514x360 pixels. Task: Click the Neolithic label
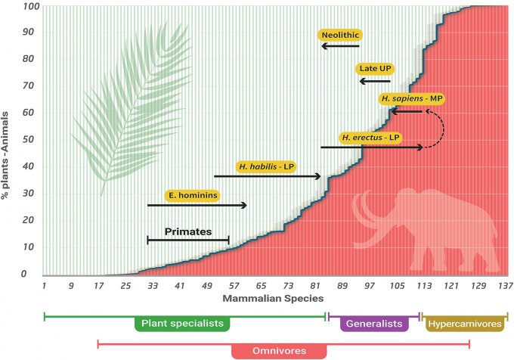tap(339, 35)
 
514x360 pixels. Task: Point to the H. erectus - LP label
tap(370, 138)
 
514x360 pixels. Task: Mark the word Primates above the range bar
tap(188, 231)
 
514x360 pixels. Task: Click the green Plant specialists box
tap(183, 324)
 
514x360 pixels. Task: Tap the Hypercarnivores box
tap(464, 324)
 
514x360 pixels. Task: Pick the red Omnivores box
tap(279, 351)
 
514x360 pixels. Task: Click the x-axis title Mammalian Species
tap(274, 298)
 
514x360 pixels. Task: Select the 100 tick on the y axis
tap(29, 7)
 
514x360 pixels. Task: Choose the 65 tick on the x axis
tap(261, 286)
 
